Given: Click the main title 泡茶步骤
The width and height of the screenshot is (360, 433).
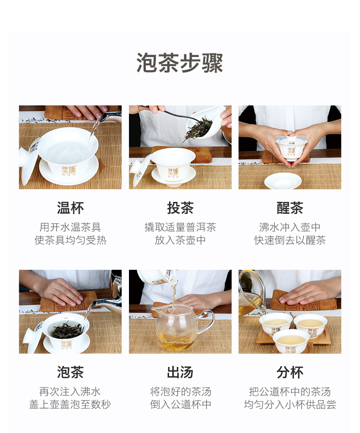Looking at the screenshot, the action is point(180,63).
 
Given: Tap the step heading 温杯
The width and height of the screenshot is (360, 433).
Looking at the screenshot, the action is point(70,208).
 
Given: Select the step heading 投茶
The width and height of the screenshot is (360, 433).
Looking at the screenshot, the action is point(180,208).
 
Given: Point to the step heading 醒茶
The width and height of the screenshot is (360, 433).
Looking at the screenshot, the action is point(290,208).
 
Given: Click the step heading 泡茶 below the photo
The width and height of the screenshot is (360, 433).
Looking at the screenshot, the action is point(70,372).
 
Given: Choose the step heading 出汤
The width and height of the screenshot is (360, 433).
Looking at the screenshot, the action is point(180,372).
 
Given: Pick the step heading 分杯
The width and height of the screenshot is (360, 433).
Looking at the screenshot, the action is point(290,372).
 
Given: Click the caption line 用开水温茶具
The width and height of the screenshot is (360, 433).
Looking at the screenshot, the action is point(70,227).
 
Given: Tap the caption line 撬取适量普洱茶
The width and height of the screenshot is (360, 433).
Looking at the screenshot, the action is point(180,227).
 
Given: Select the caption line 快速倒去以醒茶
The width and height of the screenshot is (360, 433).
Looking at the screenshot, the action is point(290,240).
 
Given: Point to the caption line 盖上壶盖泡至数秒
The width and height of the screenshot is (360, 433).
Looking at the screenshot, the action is point(70,405).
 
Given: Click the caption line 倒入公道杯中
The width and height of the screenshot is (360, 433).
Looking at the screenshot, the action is point(180,405).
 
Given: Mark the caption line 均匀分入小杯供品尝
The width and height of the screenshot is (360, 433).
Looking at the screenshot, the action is point(290,405).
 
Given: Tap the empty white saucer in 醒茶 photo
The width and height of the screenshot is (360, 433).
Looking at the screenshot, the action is point(283,181).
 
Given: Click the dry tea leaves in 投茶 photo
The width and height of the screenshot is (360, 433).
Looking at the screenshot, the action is point(198,129).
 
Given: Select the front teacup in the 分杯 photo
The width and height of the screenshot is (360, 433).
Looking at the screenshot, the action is point(291,341).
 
